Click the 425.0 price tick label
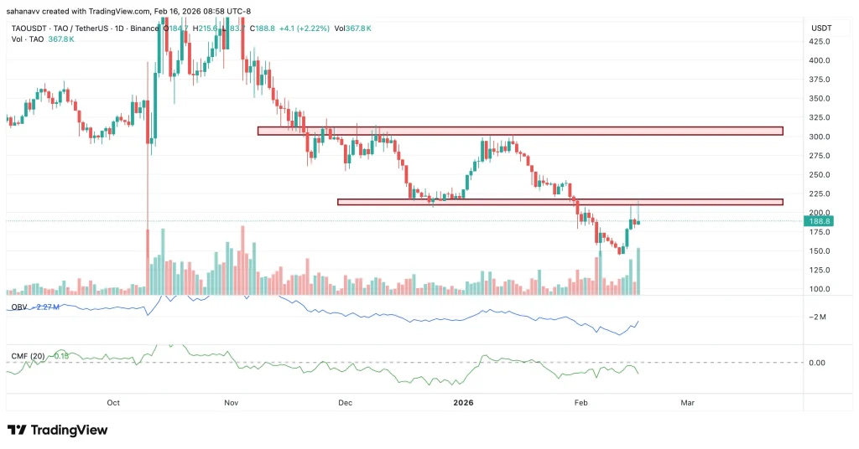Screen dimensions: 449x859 (820, 42)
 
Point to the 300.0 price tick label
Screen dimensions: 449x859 (820, 137)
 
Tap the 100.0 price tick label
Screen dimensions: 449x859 (820, 289)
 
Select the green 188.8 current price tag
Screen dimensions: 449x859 (818, 221)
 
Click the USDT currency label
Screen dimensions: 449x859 (820, 28)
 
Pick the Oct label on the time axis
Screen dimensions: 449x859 (115, 403)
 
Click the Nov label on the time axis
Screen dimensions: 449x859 (232, 403)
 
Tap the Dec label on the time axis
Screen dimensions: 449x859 (344, 403)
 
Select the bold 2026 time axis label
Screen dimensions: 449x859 (463, 403)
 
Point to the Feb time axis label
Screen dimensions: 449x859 (580, 403)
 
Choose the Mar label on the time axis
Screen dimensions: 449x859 (688, 403)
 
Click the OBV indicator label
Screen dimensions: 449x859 (18, 307)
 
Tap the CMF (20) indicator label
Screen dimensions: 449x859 (28, 356)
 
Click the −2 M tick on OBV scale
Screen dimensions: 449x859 (819, 317)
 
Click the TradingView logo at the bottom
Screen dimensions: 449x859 (59, 430)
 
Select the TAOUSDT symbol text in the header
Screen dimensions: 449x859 (29, 28)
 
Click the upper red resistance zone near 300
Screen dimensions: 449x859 (519, 131)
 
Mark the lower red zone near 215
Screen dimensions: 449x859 (560, 202)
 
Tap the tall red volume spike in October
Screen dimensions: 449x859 (148, 260)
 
